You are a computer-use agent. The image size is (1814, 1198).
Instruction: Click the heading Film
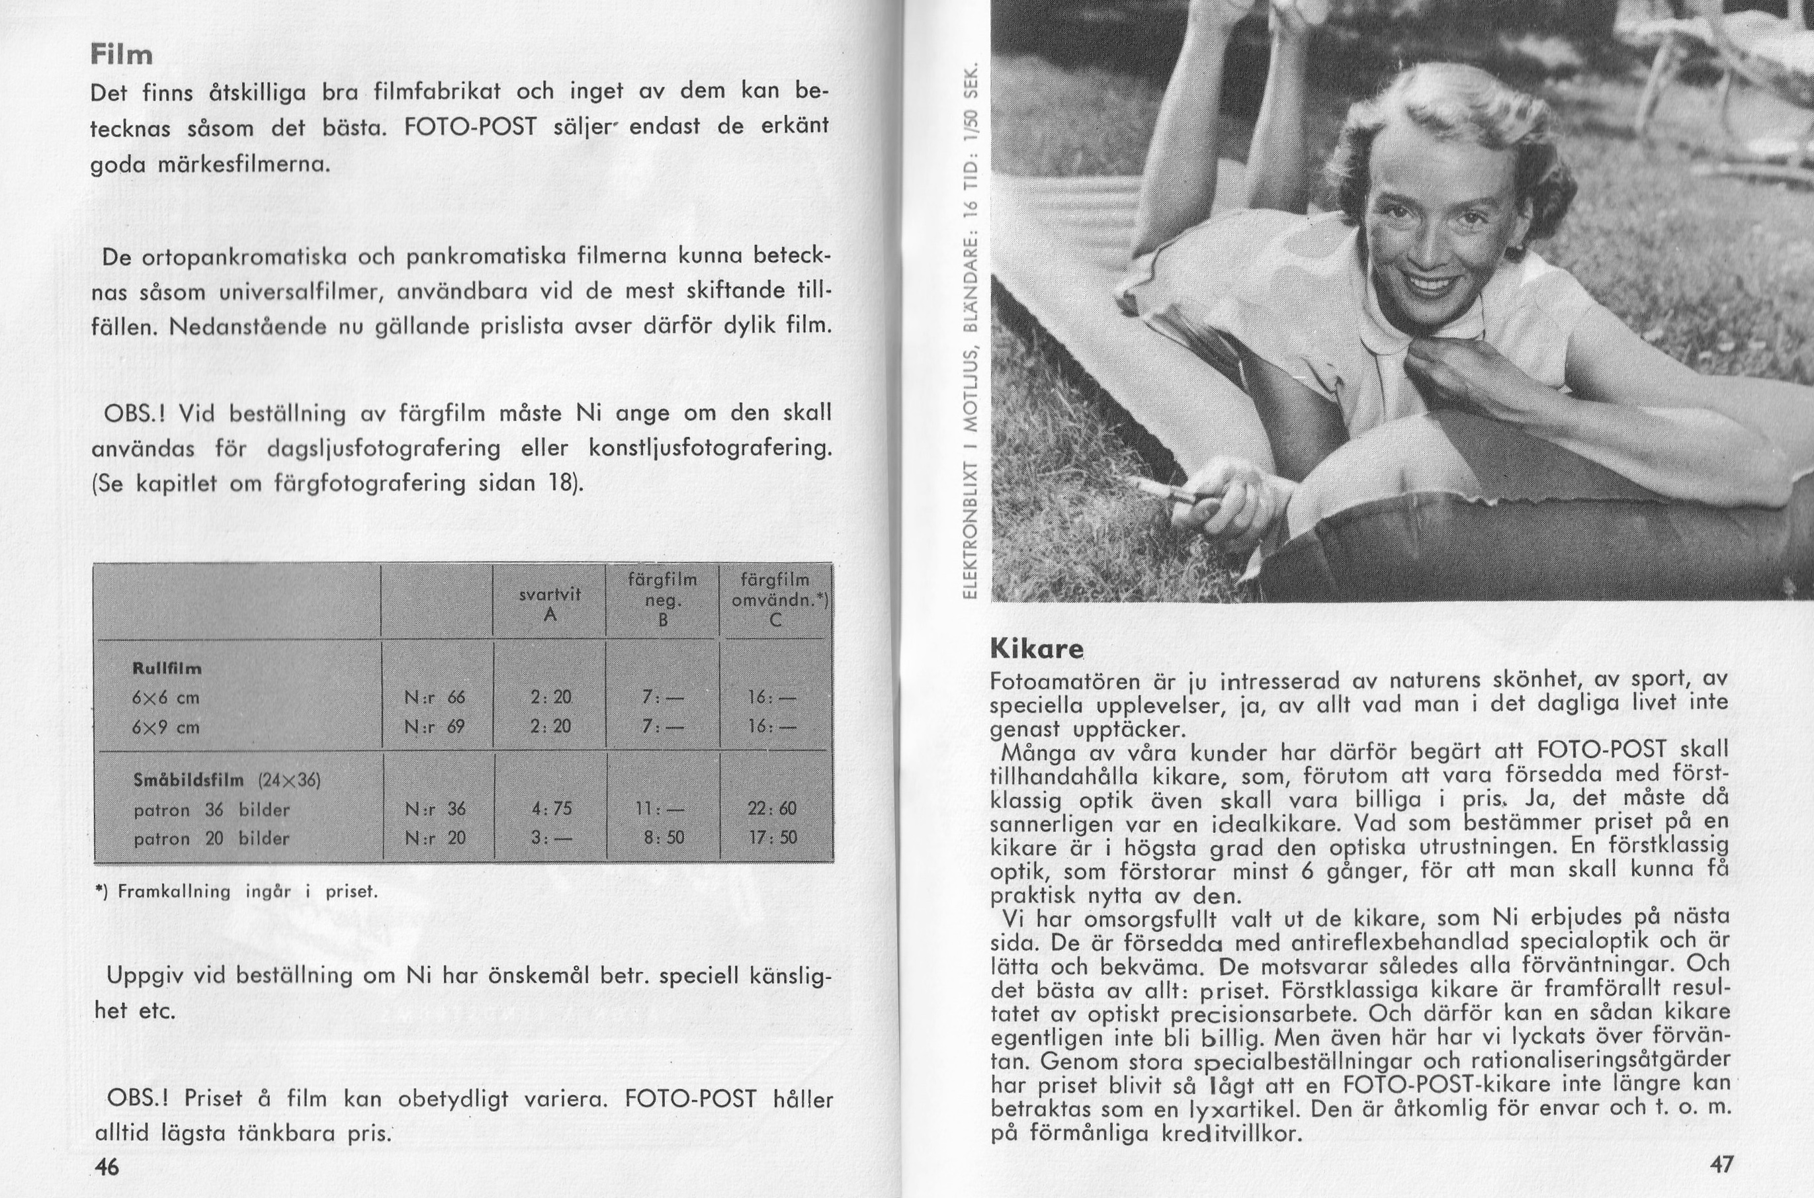pos(122,55)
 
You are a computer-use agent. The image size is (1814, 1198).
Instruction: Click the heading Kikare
pos(1037,649)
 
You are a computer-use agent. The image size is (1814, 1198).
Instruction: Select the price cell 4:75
pos(552,809)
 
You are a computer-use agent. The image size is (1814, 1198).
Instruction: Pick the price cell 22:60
pos(776,809)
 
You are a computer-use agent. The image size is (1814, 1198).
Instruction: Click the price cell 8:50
pos(664,838)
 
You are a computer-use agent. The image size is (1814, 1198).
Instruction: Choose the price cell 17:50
pos(776,838)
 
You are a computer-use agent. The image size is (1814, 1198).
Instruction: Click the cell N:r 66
pos(434,697)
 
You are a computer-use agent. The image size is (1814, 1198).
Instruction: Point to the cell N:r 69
pos(434,726)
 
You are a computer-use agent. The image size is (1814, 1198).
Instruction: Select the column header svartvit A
pos(550,603)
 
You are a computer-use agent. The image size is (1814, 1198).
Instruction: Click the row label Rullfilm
pos(167,669)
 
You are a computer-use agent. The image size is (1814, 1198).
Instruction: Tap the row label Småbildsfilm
pos(188,780)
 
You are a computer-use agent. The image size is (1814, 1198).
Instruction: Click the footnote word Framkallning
pos(173,892)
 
